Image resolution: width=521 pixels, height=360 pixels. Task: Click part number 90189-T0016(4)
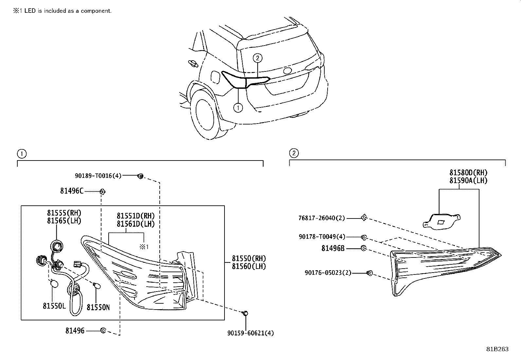[98, 176]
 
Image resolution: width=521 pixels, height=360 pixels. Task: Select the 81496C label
[72, 191]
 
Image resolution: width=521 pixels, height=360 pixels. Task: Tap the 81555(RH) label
[64, 213]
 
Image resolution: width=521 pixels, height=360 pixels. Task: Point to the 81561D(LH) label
[135, 224]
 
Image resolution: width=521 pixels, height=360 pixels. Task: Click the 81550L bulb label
[54, 306]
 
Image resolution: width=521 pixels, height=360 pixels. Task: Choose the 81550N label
[98, 307]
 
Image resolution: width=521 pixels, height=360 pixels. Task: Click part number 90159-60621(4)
[251, 333]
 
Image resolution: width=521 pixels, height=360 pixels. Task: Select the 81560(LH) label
[249, 266]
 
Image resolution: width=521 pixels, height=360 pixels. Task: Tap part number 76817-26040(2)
[321, 218]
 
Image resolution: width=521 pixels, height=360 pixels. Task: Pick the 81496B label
[333, 249]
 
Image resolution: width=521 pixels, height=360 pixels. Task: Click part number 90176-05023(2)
[328, 273]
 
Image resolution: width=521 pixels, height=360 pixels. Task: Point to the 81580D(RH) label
[468, 173]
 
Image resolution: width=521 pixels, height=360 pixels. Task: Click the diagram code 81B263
[497, 349]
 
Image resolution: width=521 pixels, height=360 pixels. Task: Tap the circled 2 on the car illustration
[258, 58]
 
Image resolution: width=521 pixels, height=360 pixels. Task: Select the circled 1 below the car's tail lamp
[238, 107]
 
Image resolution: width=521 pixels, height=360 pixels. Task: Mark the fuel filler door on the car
[216, 77]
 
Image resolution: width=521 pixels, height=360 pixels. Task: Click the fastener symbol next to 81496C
[102, 191]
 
